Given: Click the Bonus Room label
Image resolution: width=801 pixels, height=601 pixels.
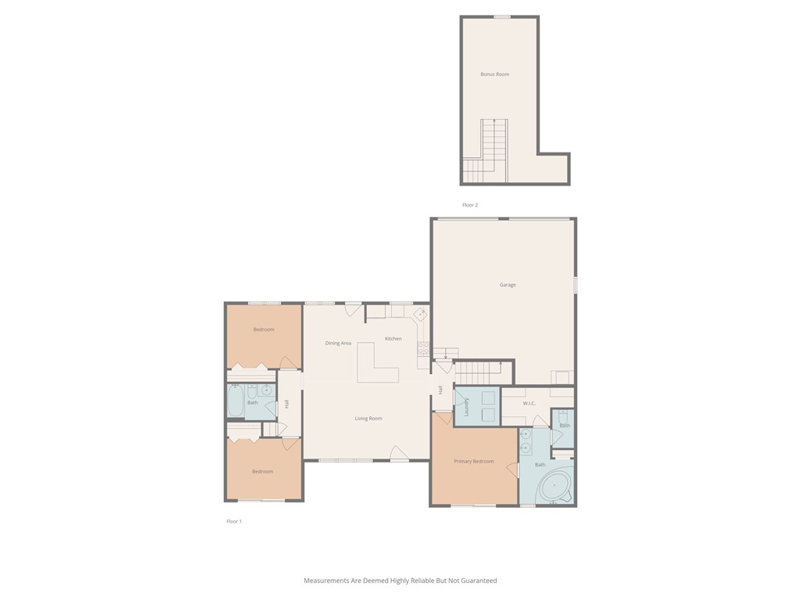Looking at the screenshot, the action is (494, 74).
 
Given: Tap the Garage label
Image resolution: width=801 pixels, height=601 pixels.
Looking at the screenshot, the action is (507, 285).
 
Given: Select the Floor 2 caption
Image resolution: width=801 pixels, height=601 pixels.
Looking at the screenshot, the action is (470, 205).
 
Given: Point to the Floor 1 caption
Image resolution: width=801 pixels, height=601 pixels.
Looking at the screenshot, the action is (234, 521).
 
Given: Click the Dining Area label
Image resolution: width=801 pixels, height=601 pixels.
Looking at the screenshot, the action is (338, 343).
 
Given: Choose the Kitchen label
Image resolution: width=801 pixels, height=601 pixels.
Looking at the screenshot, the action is (393, 338).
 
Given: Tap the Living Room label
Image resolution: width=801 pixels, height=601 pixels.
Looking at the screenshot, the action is (368, 419).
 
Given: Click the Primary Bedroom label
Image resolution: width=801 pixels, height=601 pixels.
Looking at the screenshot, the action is (473, 462).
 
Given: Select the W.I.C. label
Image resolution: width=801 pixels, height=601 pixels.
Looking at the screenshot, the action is (530, 403).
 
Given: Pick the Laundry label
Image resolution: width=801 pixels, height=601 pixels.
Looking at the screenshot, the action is (466, 407).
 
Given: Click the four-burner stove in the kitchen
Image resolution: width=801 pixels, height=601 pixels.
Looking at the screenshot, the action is (423, 348).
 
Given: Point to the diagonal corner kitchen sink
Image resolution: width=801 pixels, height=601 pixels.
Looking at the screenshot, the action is (421, 313).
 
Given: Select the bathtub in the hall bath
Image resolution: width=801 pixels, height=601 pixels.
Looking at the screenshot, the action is (236, 401).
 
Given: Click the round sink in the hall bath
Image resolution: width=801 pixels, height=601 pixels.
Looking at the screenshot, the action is (266, 390).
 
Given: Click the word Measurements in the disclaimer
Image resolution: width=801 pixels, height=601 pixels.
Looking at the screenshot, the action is (326, 581).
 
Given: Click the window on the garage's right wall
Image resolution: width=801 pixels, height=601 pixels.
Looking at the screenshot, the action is (575, 285).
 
